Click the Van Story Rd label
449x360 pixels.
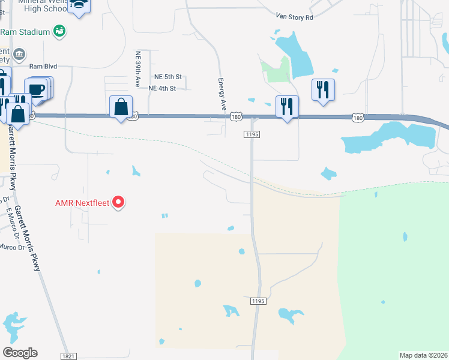295,17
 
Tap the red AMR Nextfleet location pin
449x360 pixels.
119,202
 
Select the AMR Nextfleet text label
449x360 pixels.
82,203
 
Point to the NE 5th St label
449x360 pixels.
167,77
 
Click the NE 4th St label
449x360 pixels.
161,88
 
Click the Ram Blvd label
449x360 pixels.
43,67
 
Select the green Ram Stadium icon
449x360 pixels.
59,31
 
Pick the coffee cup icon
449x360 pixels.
37,90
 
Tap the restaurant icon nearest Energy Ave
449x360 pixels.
287,107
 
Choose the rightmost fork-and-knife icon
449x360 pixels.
323,89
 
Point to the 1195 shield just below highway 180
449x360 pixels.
252,135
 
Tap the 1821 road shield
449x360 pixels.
68,356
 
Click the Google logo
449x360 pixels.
20,353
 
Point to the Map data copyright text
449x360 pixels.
423,355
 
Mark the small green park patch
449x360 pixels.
276,72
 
